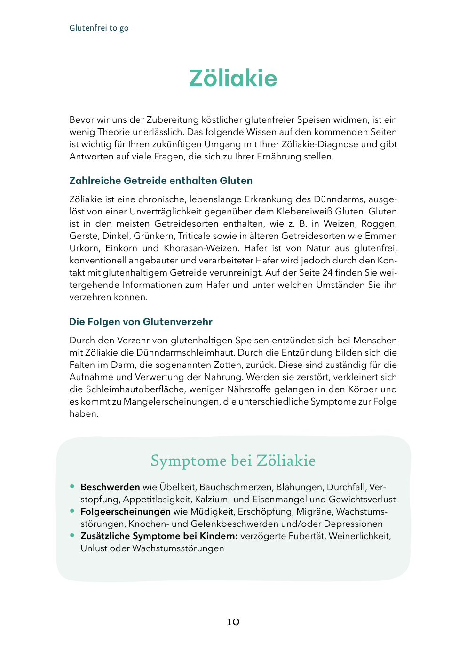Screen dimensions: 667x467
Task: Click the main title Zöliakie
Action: coord(233,79)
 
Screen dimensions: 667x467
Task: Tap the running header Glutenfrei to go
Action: coord(99,28)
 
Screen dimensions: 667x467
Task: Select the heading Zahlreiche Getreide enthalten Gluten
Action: coord(161,181)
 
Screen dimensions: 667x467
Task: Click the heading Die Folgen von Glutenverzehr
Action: coord(141,322)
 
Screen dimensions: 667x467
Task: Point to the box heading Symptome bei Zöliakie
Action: coord(233,461)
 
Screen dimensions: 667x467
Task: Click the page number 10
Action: coord(233,622)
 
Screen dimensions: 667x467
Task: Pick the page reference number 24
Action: coord(327,272)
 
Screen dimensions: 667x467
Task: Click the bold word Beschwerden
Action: coord(110,487)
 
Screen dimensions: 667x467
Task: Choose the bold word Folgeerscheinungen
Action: coord(126,511)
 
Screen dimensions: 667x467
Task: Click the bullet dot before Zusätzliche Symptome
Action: coord(72,535)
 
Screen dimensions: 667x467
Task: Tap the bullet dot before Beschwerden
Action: coord(72,486)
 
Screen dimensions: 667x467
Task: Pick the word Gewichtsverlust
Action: coord(362,499)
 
